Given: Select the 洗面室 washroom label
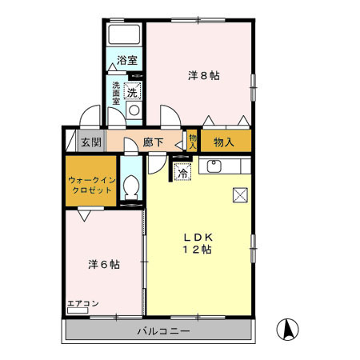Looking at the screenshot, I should click(117, 94).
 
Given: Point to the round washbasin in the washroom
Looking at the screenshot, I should click(134, 111).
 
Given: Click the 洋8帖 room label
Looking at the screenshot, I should click(204, 75).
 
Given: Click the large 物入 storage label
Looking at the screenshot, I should click(223, 142).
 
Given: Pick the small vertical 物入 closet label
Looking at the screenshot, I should click(192, 142).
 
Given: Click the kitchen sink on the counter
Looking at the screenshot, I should click(214, 167).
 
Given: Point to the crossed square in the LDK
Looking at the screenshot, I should click(239, 194).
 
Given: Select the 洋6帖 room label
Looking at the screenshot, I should click(103, 263).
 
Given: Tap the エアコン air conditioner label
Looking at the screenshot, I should click(82, 303).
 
